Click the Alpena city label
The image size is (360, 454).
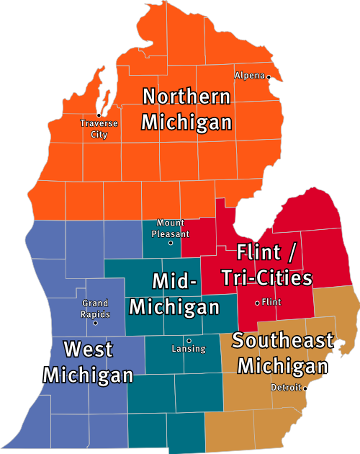click(x=249, y=75)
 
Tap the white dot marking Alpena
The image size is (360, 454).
click(x=269, y=76)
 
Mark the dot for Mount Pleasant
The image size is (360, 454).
click(x=171, y=243)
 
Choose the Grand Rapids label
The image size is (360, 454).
click(x=95, y=309)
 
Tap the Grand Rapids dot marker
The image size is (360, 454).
click(x=95, y=323)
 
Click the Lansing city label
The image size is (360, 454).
click(x=189, y=349)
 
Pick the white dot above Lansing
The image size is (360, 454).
click(x=189, y=340)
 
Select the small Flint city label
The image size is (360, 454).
click(x=272, y=302)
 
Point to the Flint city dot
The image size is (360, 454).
click(x=257, y=303)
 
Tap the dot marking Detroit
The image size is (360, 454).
click(x=305, y=388)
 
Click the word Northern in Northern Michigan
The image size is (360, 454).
click(x=186, y=97)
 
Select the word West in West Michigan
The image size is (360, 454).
click(x=88, y=350)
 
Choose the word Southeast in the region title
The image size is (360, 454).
click(x=283, y=340)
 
